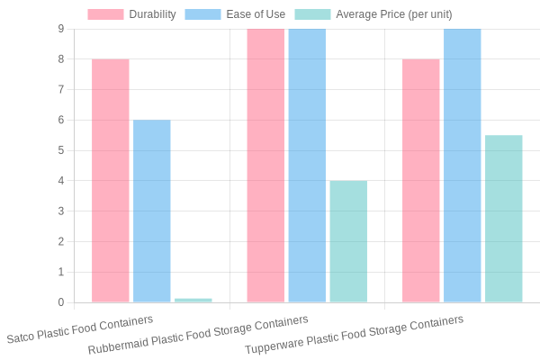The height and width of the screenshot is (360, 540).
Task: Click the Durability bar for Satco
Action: [110, 180]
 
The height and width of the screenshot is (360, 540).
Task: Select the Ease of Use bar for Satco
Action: [151, 211]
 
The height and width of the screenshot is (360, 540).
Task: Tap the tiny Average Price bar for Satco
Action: [193, 300]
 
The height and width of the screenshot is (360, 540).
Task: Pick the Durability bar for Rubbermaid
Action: [265, 165]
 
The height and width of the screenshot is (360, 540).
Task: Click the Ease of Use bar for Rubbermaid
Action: [307, 165]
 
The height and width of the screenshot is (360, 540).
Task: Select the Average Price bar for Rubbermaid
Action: [348, 241]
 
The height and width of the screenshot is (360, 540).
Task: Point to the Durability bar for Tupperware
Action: [420, 180]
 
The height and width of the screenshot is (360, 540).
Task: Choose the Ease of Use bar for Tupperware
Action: [462, 165]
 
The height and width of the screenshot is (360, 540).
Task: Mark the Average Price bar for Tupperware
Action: [503, 219]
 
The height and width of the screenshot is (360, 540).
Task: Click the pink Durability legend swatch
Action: [105, 14]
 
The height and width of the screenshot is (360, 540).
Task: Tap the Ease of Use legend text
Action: [256, 14]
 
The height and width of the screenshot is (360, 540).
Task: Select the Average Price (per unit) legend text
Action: [393, 14]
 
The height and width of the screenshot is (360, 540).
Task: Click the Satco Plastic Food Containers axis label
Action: [80, 329]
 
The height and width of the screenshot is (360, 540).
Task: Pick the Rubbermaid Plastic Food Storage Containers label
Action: [198, 334]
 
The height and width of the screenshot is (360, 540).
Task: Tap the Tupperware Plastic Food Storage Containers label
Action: [354, 334]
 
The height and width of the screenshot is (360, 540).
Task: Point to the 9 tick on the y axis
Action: [60, 29]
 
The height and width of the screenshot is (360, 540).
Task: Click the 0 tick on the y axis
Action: [60, 302]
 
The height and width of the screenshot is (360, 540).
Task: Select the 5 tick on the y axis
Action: [60, 150]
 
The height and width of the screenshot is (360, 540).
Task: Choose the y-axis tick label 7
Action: [60, 90]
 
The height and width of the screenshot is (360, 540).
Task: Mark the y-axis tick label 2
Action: [60, 241]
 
